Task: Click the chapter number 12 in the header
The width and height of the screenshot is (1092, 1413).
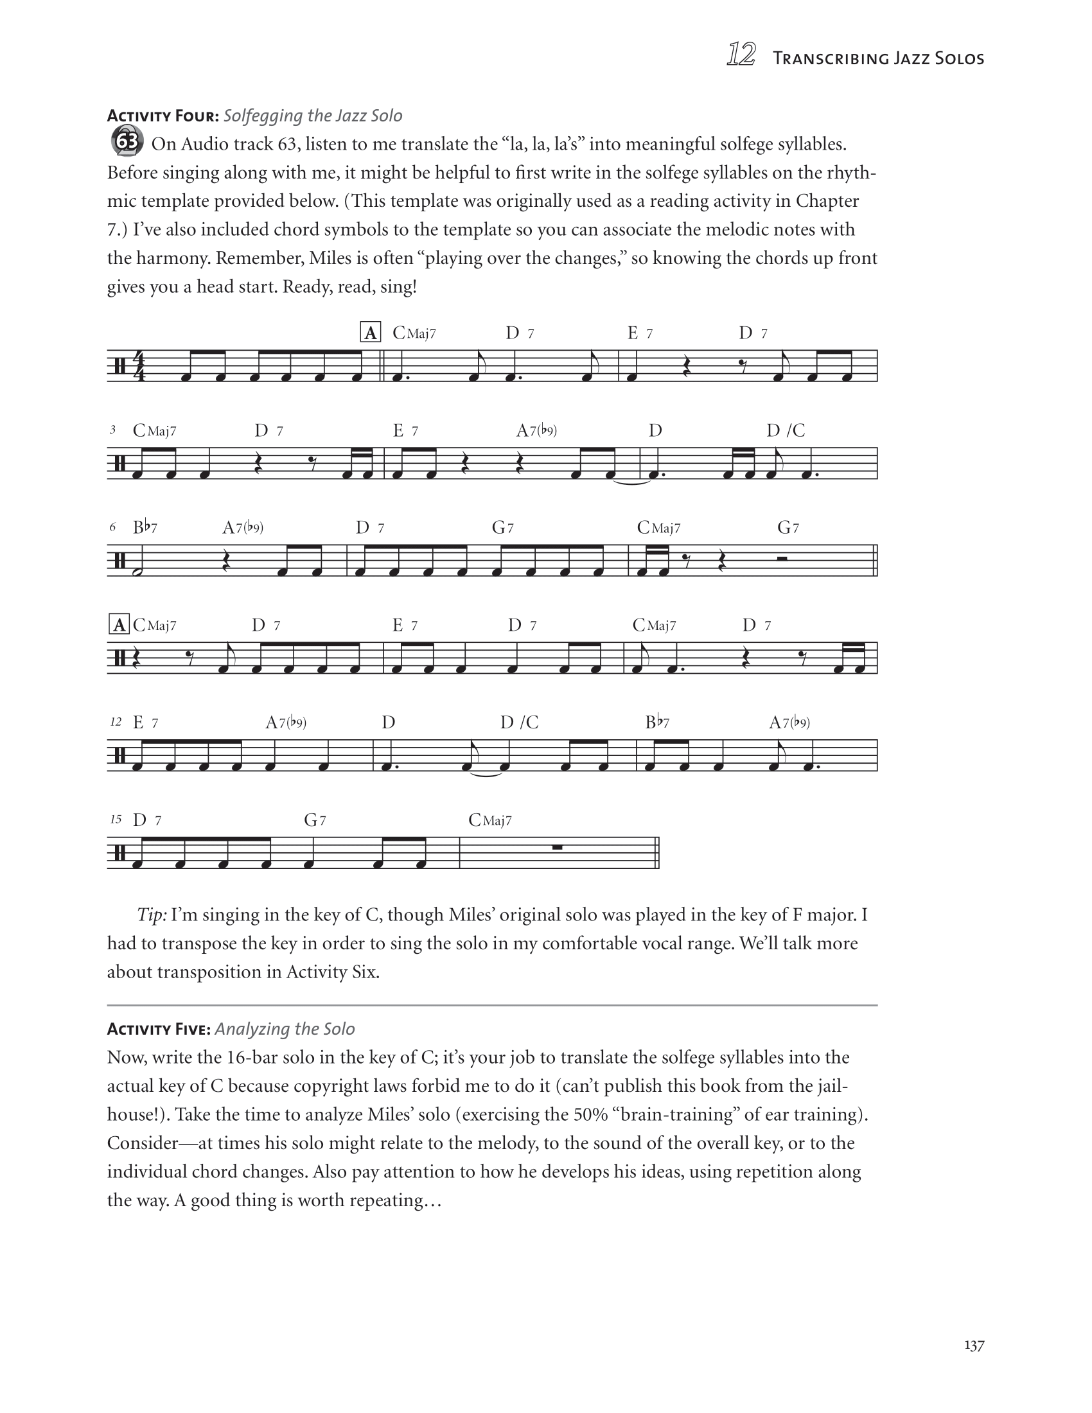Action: (741, 55)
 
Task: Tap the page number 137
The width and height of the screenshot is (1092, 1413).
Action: (974, 1345)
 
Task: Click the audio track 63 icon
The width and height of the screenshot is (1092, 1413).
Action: (127, 142)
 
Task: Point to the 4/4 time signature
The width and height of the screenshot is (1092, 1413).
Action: (139, 365)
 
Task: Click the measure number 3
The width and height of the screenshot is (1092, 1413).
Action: (113, 430)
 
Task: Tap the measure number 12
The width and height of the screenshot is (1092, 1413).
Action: (116, 721)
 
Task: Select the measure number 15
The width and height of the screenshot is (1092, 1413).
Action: (116, 819)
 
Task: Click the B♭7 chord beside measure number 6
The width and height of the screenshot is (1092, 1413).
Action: (145, 527)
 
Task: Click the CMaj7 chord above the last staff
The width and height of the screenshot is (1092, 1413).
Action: (489, 820)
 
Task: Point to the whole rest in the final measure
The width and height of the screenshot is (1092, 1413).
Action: (556, 847)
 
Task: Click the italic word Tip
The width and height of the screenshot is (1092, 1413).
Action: (152, 915)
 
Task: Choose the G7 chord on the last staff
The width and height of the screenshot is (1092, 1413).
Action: (315, 820)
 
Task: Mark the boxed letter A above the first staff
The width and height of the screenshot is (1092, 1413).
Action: (370, 333)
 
